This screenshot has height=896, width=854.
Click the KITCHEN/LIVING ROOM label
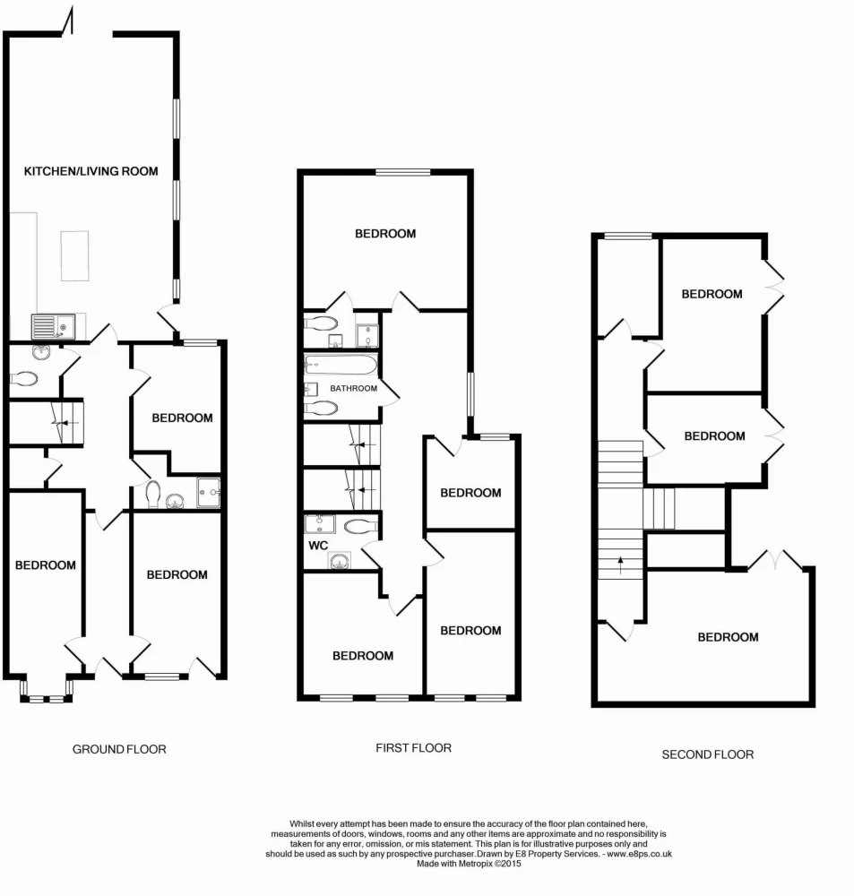[x=91, y=171]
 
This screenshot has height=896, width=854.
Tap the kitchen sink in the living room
[x=53, y=327]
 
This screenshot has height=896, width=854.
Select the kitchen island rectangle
[x=75, y=255]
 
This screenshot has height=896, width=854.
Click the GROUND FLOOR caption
[x=119, y=749]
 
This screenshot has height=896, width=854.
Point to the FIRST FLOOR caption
[x=413, y=748]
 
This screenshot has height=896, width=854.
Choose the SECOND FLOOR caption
[x=708, y=754]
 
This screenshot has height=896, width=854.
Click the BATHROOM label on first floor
[x=353, y=389]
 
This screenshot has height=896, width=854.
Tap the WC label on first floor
[x=318, y=546]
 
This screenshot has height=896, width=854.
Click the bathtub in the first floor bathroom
[x=341, y=365]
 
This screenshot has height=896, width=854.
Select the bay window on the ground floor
[x=47, y=691]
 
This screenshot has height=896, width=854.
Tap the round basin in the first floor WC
[x=340, y=561]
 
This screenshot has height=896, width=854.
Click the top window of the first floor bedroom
[x=403, y=172]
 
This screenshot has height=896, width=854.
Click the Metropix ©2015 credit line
[x=469, y=864]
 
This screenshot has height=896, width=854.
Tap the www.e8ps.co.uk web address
[x=639, y=854]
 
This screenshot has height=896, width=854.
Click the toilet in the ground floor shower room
[x=152, y=494]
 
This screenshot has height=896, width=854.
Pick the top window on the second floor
[x=628, y=236]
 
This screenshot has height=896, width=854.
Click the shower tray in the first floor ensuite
[x=367, y=336]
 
